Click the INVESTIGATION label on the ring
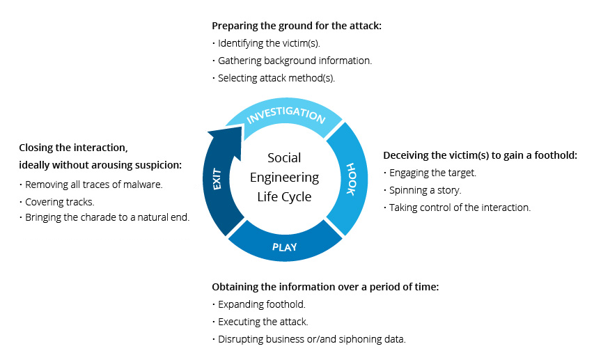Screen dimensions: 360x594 (x=286, y=115)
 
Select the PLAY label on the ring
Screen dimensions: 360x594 (x=285, y=246)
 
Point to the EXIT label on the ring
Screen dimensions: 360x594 (x=217, y=179)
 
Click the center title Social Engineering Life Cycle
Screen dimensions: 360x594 (x=284, y=178)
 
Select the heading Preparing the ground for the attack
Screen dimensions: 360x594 (x=297, y=26)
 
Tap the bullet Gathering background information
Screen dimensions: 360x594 (x=295, y=61)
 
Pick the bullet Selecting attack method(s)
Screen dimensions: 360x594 (x=276, y=78)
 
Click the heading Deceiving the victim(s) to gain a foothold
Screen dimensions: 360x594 (x=480, y=155)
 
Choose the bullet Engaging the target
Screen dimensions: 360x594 (x=432, y=173)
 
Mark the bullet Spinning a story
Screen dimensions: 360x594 (x=425, y=190)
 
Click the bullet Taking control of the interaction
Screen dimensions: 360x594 (x=460, y=208)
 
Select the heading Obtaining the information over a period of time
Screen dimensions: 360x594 (x=325, y=287)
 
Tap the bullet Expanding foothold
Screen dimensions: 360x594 (x=261, y=304)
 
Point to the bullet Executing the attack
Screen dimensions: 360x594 (x=263, y=322)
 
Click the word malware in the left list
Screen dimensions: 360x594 (x=142, y=185)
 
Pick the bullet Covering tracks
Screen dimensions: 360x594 (x=59, y=201)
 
